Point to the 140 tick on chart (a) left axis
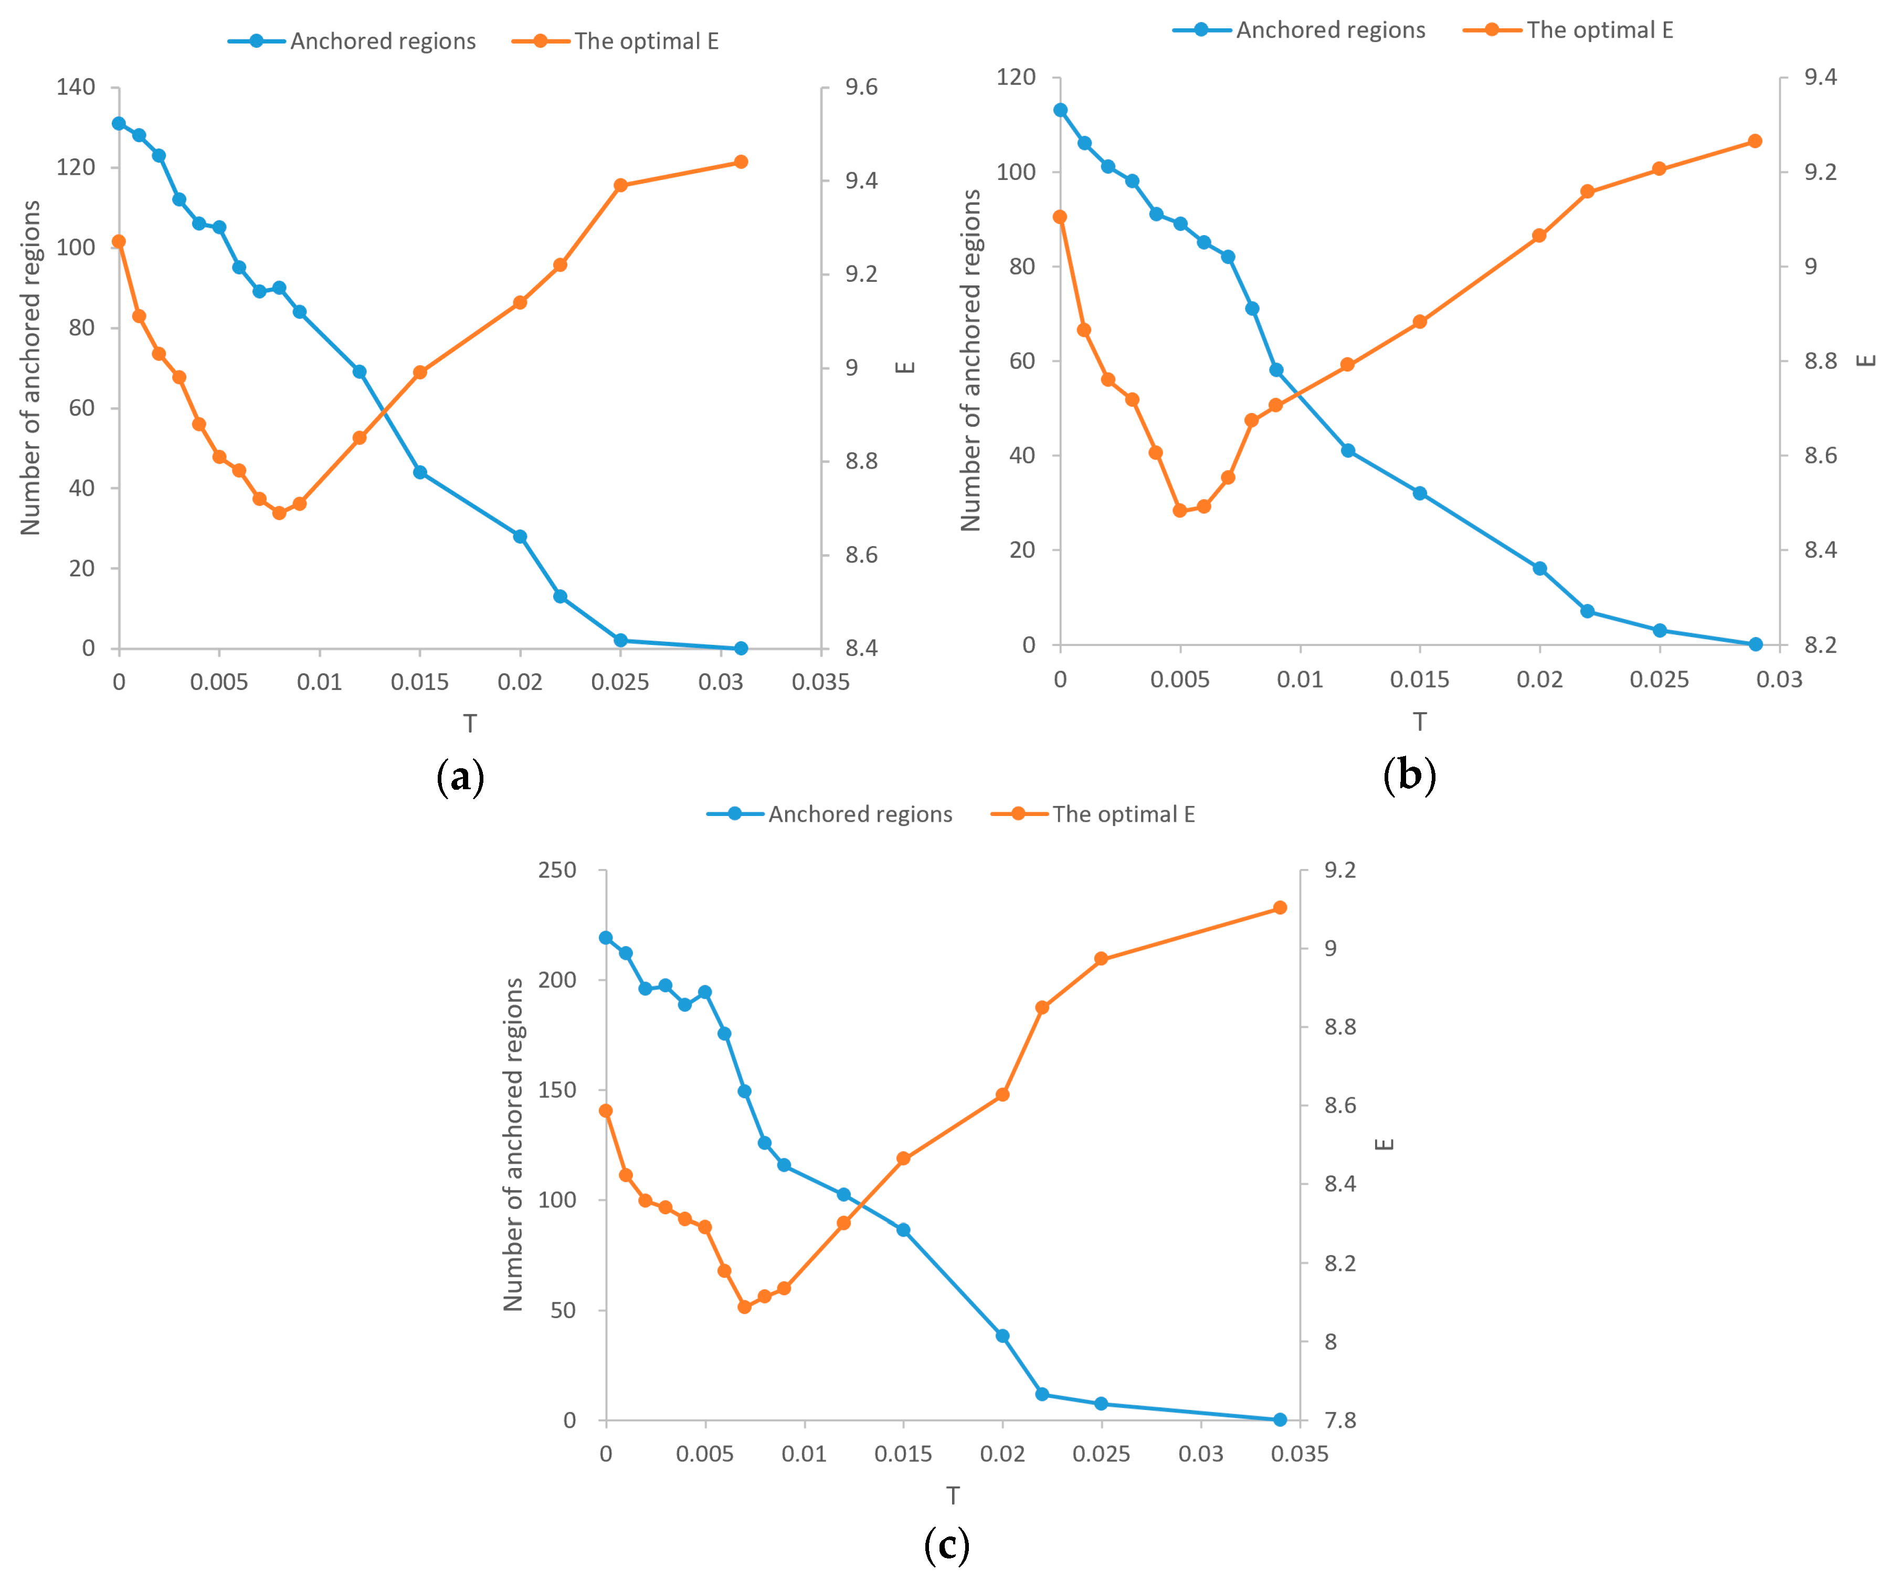coord(76,87)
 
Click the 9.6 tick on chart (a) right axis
coord(861,87)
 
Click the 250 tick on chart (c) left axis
coord(557,870)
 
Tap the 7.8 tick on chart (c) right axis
coord(1340,1420)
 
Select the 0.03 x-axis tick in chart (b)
coord(1779,680)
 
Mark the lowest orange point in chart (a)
coord(279,513)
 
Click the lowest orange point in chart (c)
coord(744,1307)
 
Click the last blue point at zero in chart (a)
coord(741,648)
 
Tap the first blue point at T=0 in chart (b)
coord(1060,110)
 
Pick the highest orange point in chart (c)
coord(1280,908)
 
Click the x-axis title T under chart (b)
coord(1419,722)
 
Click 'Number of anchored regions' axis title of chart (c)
coord(513,1144)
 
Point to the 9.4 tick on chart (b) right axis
coord(1820,77)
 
